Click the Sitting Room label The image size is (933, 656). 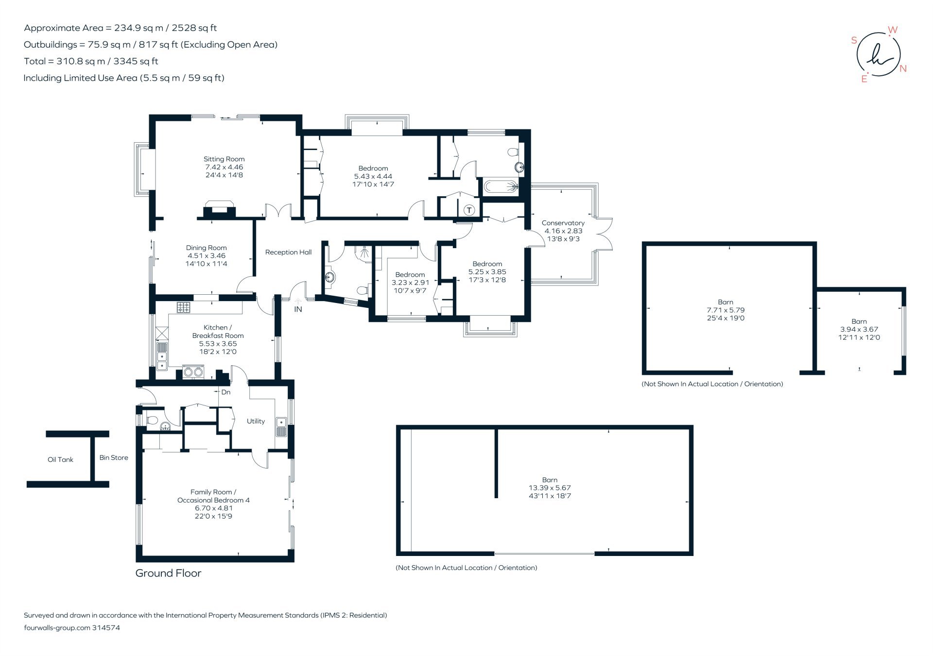pyautogui.click(x=224, y=159)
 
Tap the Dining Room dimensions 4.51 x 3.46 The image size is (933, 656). pyautogui.click(x=206, y=256)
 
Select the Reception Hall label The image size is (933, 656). pyautogui.click(x=288, y=252)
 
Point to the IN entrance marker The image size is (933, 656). pyautogui.click(x=298, y=309)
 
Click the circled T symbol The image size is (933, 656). pyautogui.click(x=469, y=210)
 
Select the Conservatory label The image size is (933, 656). pyautogui.click(x=563, y=223)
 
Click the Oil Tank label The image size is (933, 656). pyautogui.click(x=60, y=459)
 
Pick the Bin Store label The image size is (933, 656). pyautogui.click(x=114, y=457)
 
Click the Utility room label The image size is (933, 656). pyautogui.click(x=256, y=421)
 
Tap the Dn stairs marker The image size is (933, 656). pyautogui.click(x=225, y=392)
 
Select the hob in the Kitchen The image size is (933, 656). pyautogui.click(x=184, y=307)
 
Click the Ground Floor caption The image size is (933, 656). pyautogui.click(x=168, y=573)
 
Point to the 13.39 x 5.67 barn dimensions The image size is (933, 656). pyautogui.click(x=550, y=488)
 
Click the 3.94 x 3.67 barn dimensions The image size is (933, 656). pyautogui.click(x=859, y=329)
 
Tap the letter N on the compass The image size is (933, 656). pyautogui.click(x=903, y=68)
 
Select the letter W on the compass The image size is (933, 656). pyautogui.click(x=893, y=30)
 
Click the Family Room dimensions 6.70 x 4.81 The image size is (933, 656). pyautogui.click(x=214, y=508)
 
